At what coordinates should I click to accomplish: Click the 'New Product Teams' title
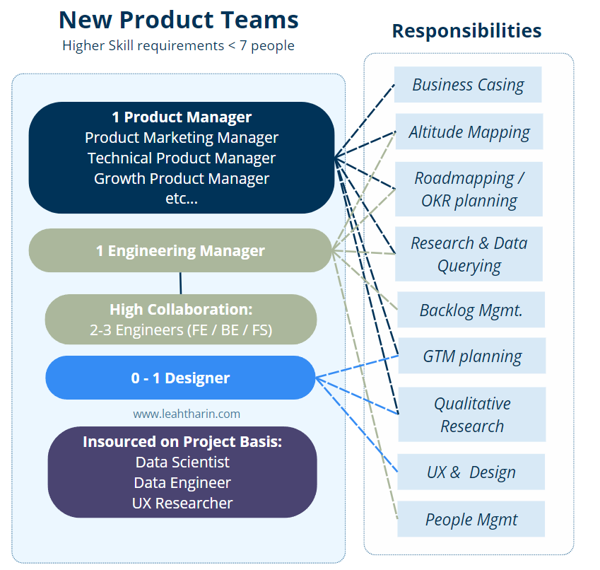pos(178,20)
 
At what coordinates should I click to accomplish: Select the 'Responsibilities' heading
pos(466,31)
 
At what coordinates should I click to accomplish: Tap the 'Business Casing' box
pos(468,85)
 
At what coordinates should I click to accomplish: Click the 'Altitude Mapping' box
pos(469,132)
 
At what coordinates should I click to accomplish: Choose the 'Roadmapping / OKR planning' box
pos(469,189)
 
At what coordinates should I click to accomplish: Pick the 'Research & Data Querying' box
pos(469,254)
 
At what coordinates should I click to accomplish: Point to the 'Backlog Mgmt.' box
pos(471,310)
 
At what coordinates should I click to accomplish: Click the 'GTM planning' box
pos(472,356)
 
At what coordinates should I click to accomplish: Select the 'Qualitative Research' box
pos(472,414)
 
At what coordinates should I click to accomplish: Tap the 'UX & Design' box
pos(471,472)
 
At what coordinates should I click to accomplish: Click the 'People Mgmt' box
pos(471,520)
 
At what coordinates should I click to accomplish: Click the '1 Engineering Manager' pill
pos(180,250)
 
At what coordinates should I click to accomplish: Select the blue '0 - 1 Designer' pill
pos(180,378)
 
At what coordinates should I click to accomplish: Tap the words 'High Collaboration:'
pos(181,309)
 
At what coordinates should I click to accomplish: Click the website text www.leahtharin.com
pos(187,414)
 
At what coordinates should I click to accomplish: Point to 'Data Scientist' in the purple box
pos(182,462)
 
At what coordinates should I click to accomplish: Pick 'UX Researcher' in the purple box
pos(182,503)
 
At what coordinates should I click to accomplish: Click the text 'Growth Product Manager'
pos(182,178)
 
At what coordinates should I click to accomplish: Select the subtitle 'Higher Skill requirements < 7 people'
pos(178,46)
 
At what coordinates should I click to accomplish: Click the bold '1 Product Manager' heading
pos(182,117)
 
